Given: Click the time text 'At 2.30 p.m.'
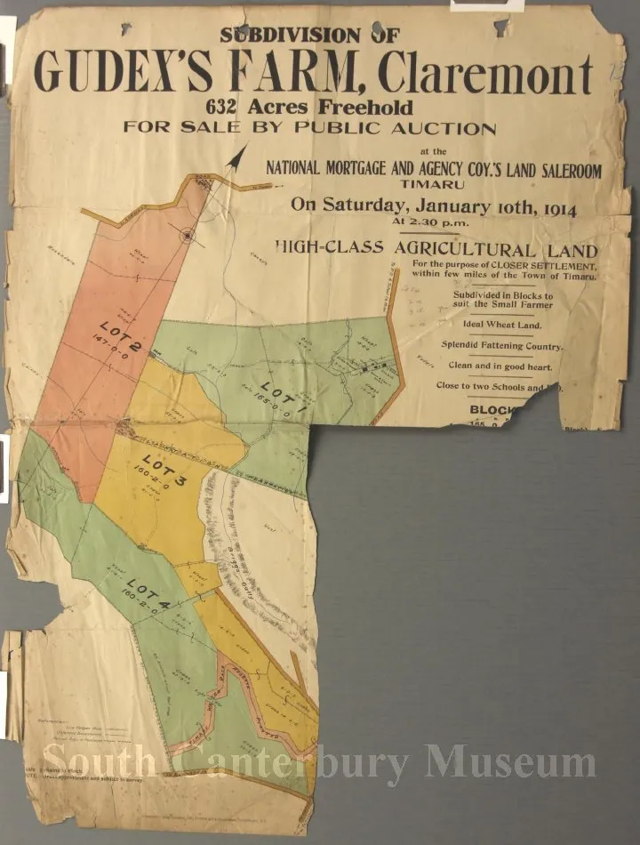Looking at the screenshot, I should click(x=434, y=222).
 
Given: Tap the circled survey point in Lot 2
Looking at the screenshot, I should click(x=187, y=235).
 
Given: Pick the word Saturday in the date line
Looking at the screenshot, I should click(x=361, y=205).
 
